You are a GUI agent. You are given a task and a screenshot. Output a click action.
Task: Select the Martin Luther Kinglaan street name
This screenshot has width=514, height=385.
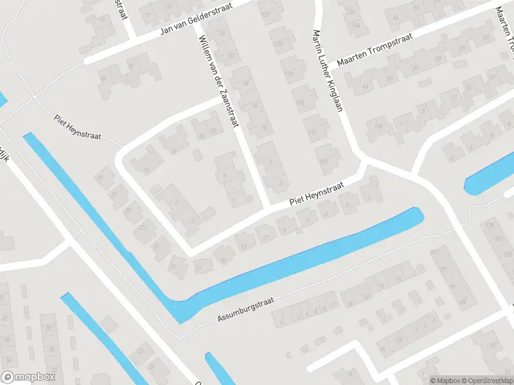[326, 71]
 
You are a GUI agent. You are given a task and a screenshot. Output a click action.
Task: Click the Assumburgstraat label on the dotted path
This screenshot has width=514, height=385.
[242, 311]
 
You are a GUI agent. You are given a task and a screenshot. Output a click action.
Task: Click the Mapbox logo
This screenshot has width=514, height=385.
[28, 377]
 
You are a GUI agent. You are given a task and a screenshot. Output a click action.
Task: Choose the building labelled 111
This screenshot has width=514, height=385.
[313, 133]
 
